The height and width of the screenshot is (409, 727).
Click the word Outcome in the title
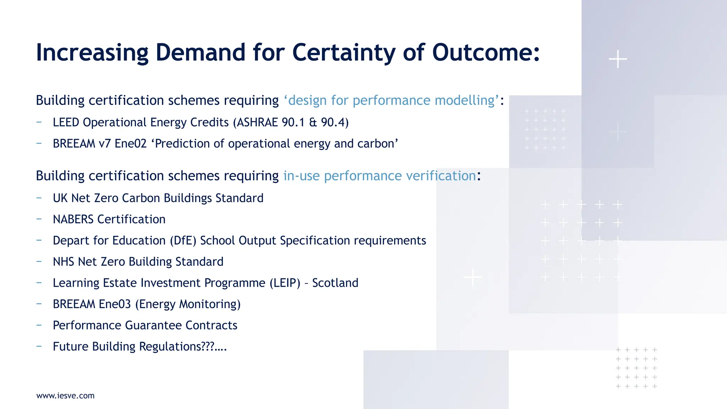(x=486, y=53)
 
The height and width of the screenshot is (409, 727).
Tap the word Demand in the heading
(x=200, y=53)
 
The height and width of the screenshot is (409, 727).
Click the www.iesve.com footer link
(x=65, y=396)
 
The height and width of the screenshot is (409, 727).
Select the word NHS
(x=64, y=262)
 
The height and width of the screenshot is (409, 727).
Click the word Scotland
(x=335, y=283)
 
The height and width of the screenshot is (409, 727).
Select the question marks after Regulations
(x=208, y=347)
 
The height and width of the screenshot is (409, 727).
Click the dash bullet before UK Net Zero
(x=39, y=198)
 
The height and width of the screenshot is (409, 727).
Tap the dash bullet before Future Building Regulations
(x=39, y=346)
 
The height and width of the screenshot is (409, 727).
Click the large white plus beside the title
(x=618, y=59)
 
